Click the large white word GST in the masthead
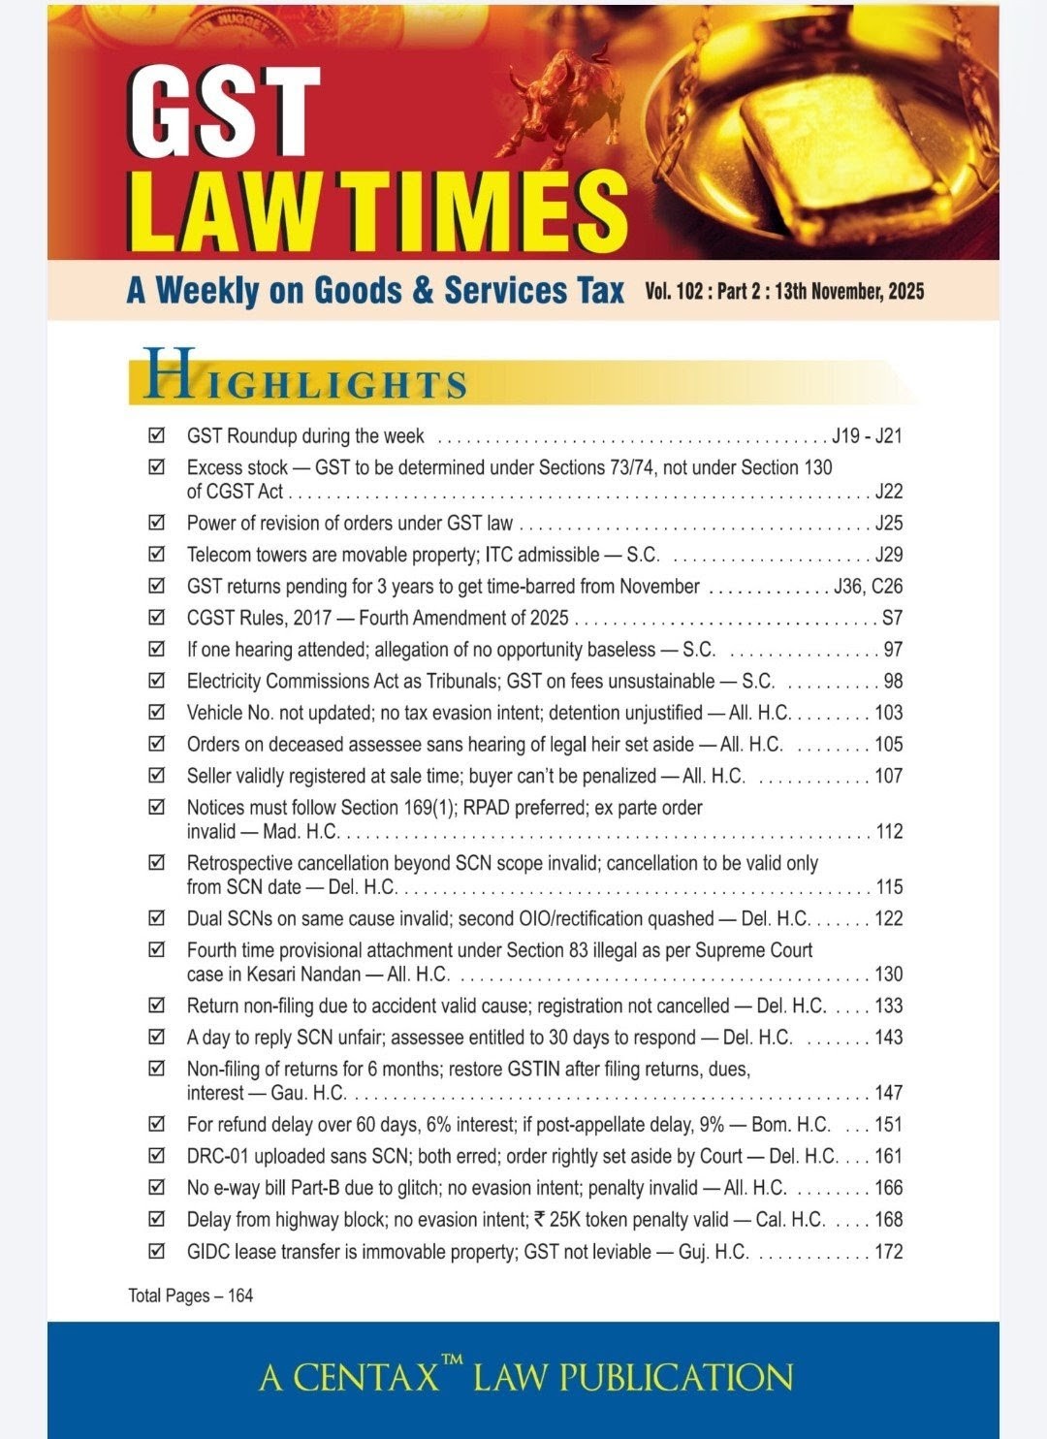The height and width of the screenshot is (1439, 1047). [x=225, y=114]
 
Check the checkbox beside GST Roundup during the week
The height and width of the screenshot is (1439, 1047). [x=156, y=435]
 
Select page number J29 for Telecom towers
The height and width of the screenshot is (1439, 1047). [x=888, y=555]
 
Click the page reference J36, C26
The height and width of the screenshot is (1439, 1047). [x=868, y=587]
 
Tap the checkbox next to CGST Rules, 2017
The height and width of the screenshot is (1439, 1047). [x=156, y=617]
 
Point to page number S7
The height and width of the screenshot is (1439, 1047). [x=892, y=618]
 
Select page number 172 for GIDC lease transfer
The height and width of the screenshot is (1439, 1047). [x=888, y=1251]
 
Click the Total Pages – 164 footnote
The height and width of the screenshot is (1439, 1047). [x=191, y=1295]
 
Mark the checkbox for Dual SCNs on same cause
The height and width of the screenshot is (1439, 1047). [x=156, y=917]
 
